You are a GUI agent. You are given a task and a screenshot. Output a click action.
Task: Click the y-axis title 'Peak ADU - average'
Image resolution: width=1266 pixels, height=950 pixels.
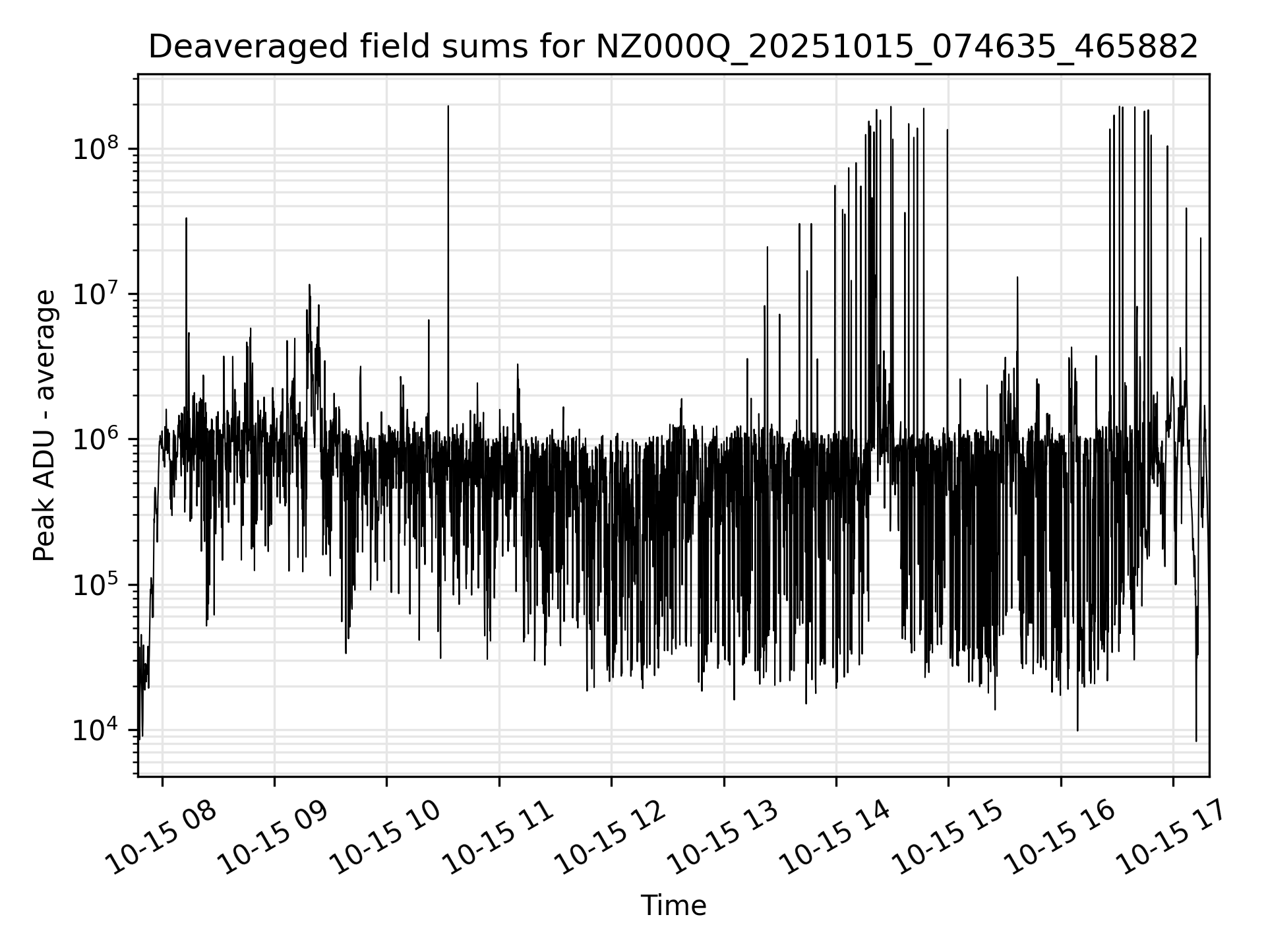pos(45,426)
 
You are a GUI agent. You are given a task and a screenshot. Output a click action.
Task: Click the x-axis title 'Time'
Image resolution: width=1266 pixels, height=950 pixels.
pos(673,906)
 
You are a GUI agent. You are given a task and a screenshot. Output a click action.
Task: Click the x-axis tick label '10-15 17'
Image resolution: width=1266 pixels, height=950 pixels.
pos(1170,837)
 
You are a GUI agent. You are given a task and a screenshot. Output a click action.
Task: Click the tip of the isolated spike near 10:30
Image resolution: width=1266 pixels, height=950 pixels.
pos(448,106)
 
